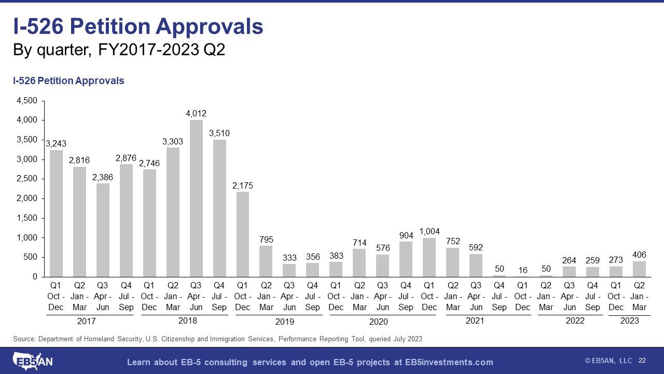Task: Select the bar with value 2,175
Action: pos(243,234)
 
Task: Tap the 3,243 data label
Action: pos(56,143)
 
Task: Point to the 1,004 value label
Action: pos(430,231)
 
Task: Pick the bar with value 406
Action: pos(639,269)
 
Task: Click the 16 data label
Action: pos(522,270)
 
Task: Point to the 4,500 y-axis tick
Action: pos(27,101)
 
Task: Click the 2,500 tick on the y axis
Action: pos(27,179)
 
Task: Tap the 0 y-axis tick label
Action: pos(35,277)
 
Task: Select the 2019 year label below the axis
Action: pos(284,322)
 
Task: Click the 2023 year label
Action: pos(630,320)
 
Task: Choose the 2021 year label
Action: pos(475,320)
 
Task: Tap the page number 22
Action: pos(642,360)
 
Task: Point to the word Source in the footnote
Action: pos(24,339)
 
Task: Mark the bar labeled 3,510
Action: pos(219,208)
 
